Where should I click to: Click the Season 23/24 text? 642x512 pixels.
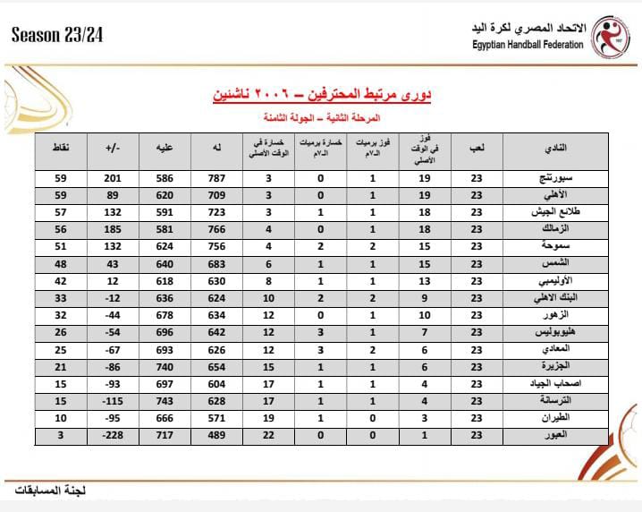coord(56,35)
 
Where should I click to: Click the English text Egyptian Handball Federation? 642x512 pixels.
coord(528,45)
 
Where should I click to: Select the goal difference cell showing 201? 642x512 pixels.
coord(113,179)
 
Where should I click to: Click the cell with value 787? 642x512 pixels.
coord(217,179)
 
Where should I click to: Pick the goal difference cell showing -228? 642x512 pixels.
coord(113,435)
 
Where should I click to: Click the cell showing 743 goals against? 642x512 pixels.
coord(165,401)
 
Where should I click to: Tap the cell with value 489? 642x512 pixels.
coord(217,435)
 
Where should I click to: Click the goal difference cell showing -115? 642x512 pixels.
coord(113,401)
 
